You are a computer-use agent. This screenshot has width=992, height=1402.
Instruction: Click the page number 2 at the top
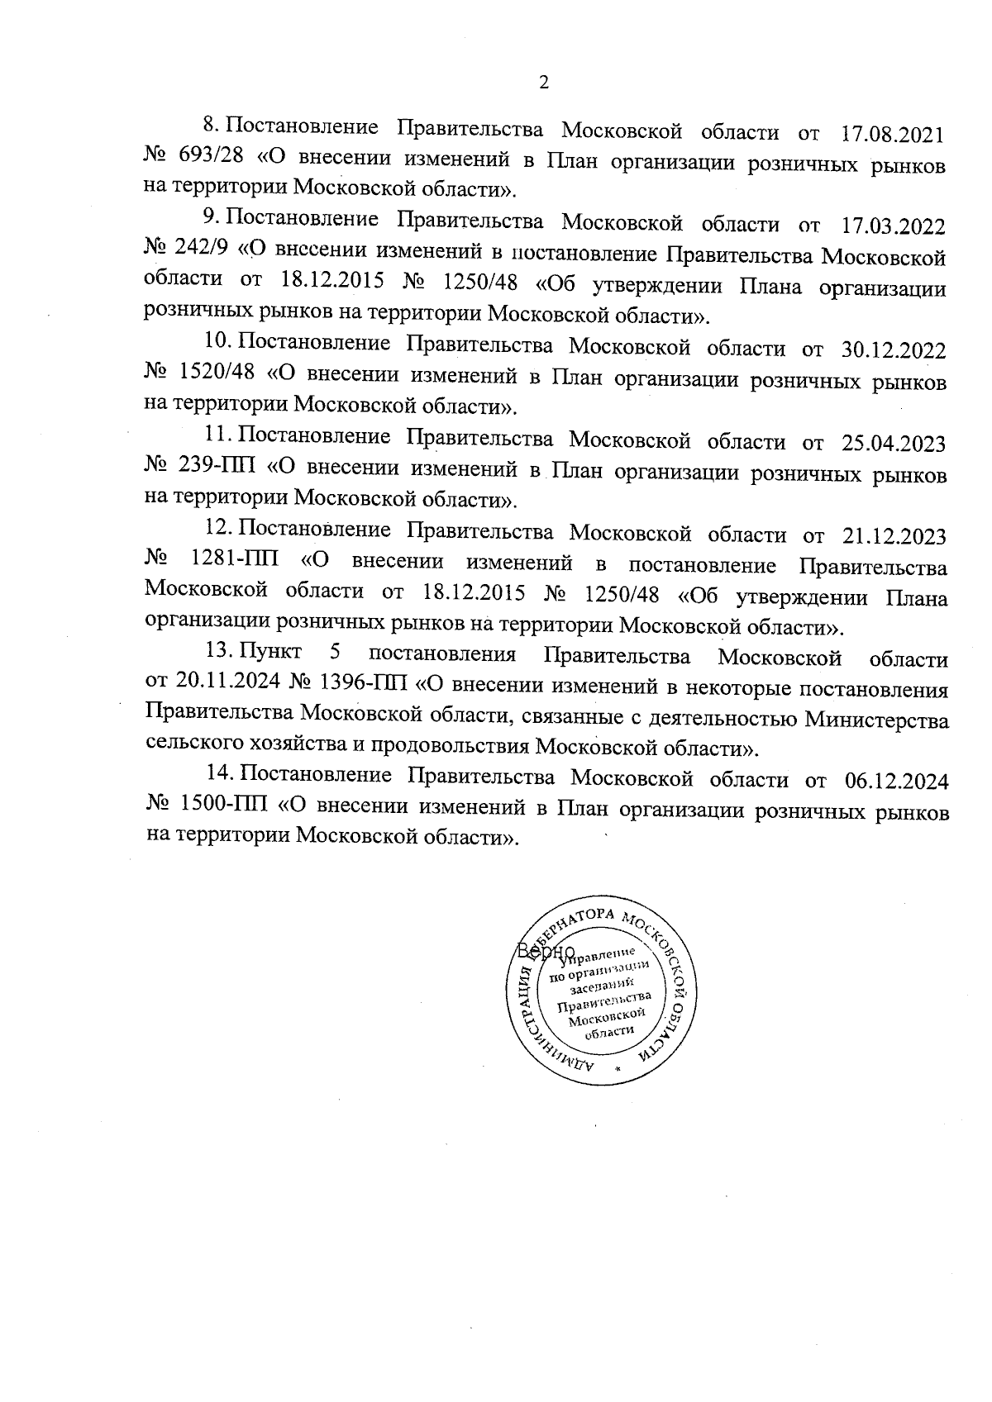[x=543, y=83]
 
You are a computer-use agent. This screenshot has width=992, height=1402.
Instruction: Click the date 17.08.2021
[x=892, y=131]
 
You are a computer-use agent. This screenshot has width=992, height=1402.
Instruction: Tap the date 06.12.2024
[x=896, y=780]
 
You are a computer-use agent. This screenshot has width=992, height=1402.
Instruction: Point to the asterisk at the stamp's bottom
[x=618, y=1068]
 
